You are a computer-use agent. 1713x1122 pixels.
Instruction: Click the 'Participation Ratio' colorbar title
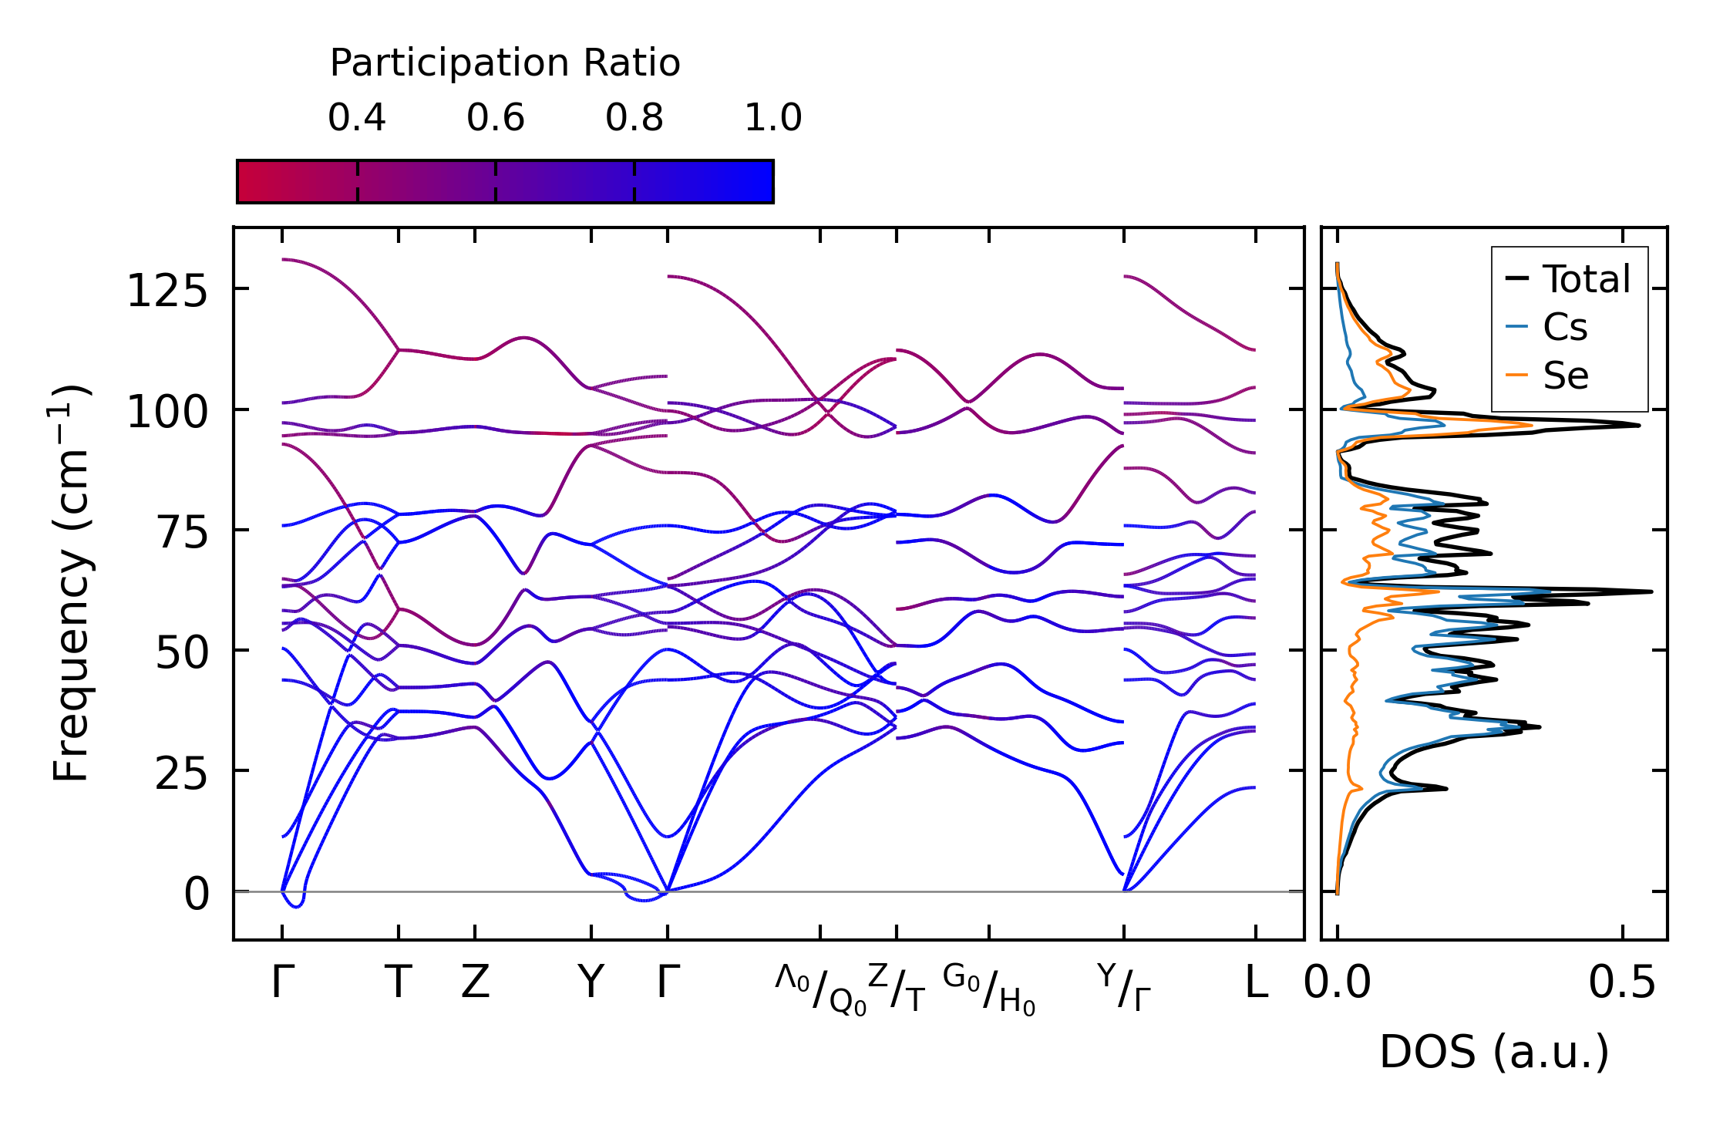tap(505, 63)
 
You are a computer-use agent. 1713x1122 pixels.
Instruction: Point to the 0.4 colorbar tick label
tap(357, 118)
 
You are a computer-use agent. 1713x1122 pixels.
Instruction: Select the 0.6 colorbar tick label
tap(496, 118)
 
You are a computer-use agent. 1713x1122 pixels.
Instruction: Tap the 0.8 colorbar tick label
tap(634, 118)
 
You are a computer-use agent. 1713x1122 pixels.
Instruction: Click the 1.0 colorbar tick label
tap(773, 118)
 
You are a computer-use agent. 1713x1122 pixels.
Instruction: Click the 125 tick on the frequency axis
tap(167, 292)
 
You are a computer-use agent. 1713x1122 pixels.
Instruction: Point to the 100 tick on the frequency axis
tap(167, 413)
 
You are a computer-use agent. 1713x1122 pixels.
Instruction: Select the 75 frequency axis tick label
tap(182, 533)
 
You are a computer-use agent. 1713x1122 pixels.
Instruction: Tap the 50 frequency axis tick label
tap(182, 654)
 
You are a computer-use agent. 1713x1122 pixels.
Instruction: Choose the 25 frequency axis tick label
tap(182, 774)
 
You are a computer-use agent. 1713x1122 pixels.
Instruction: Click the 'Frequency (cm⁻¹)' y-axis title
tap(70, 583)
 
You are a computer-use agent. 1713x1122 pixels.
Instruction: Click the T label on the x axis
tap(398, 982)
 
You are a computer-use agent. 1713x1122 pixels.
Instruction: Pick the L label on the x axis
tap(1256, 982)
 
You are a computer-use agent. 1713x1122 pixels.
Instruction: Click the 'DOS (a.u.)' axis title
tap(1494, 1052)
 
